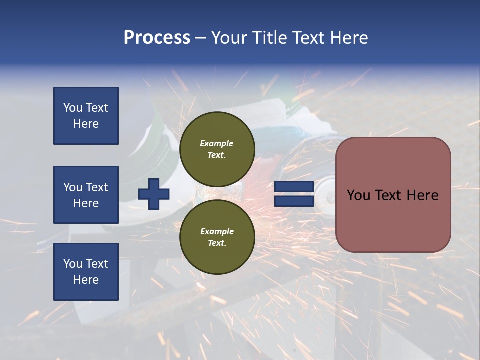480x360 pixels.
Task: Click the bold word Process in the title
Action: (157, 38)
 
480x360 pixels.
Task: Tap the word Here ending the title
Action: (348, 38)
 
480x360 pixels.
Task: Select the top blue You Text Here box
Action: (86, 116)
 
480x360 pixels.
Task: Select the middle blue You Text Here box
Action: (86, 195)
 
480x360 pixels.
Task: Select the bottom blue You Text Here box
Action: (86, 271)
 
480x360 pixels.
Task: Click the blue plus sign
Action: (154, 194)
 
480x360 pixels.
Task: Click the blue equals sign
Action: (294, 194)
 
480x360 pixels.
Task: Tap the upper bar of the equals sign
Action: (294, 187)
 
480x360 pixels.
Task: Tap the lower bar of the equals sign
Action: (294, 201)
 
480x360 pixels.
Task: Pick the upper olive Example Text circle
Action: (217, 149)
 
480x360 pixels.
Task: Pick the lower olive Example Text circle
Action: (217, 237)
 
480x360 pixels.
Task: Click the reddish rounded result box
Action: (393, 195)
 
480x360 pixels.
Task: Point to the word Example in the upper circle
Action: (217, 143)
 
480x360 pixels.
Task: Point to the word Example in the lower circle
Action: (217, 231)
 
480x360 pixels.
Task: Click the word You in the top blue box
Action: (73, 108)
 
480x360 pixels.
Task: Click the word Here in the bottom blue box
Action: (86, 280)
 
